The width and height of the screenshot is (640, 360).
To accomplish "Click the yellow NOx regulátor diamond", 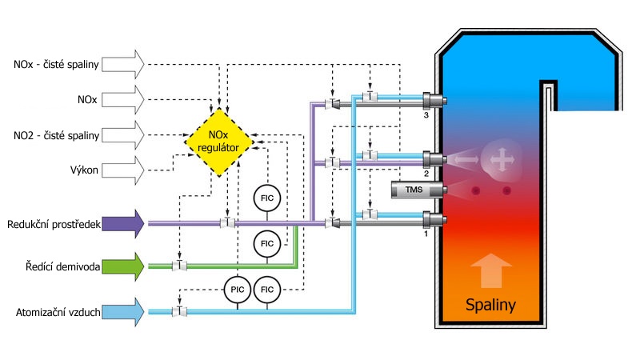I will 218,142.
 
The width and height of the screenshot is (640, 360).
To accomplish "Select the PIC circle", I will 237,294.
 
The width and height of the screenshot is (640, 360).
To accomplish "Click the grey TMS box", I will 413,190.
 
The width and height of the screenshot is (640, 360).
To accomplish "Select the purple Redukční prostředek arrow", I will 125,223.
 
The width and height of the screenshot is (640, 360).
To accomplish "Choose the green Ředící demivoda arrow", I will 125,266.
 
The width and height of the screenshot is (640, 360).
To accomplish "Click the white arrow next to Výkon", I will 125,169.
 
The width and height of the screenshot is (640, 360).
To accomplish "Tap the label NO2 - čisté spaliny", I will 56,135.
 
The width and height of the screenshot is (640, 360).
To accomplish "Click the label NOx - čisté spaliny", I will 56,62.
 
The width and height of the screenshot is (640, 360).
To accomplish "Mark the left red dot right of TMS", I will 478,190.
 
